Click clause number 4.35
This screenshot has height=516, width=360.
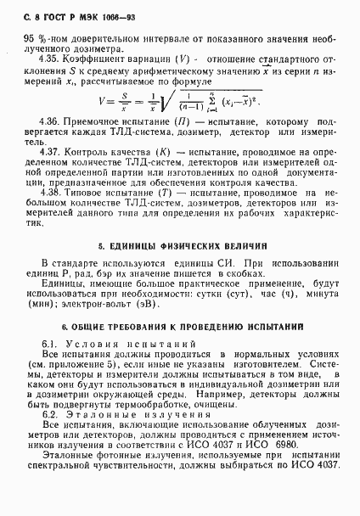(x=51, y=59)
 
